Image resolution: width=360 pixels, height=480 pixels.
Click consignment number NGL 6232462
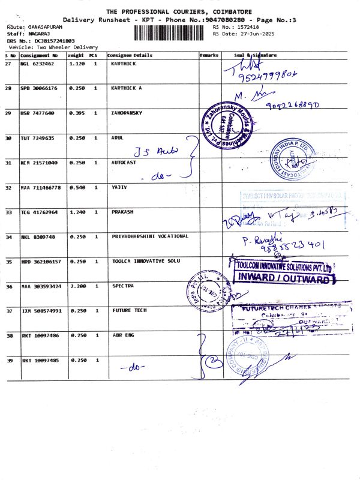click(37, 63)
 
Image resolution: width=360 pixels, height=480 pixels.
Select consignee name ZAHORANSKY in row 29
click(127, 113)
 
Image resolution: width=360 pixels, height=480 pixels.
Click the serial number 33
click(8, 212)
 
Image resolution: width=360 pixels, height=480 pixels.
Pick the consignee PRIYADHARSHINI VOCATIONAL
click(150, 236)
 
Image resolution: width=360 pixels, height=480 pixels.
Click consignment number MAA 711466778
click(41, 187)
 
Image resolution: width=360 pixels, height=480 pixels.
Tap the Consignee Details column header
click(130, 55)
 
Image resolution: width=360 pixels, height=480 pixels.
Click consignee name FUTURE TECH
click(128, 310)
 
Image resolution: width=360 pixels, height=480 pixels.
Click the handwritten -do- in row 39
click(130, 367)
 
